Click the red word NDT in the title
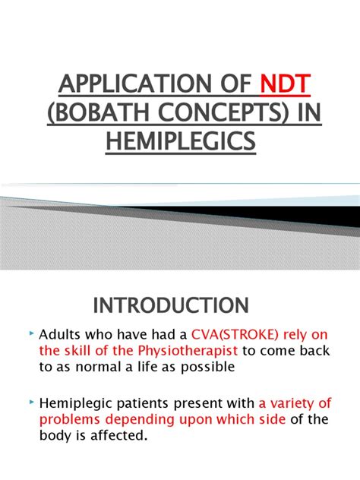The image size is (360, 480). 286,84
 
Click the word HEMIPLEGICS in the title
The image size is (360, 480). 181,141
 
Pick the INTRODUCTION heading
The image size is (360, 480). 171,305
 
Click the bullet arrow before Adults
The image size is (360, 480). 31,333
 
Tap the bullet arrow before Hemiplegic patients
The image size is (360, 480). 31,402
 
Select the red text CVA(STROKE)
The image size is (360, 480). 235,335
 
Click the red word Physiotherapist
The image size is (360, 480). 188,351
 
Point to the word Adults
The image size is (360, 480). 60,334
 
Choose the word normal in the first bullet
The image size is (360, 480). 98,367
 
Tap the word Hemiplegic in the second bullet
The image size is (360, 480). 76,403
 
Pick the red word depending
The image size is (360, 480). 140,420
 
